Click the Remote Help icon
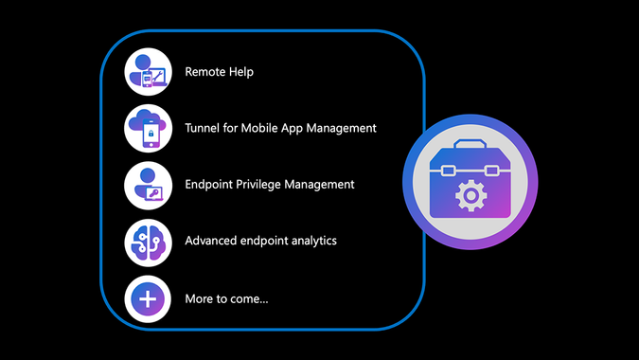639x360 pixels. (149, 72)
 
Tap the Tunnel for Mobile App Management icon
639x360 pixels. (149, 129)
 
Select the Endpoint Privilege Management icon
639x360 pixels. (149, 185)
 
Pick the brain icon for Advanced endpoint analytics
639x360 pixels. (149, 241)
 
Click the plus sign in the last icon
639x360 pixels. (149, 298)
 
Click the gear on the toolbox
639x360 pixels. (470, 195)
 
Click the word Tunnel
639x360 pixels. (204, 128)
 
